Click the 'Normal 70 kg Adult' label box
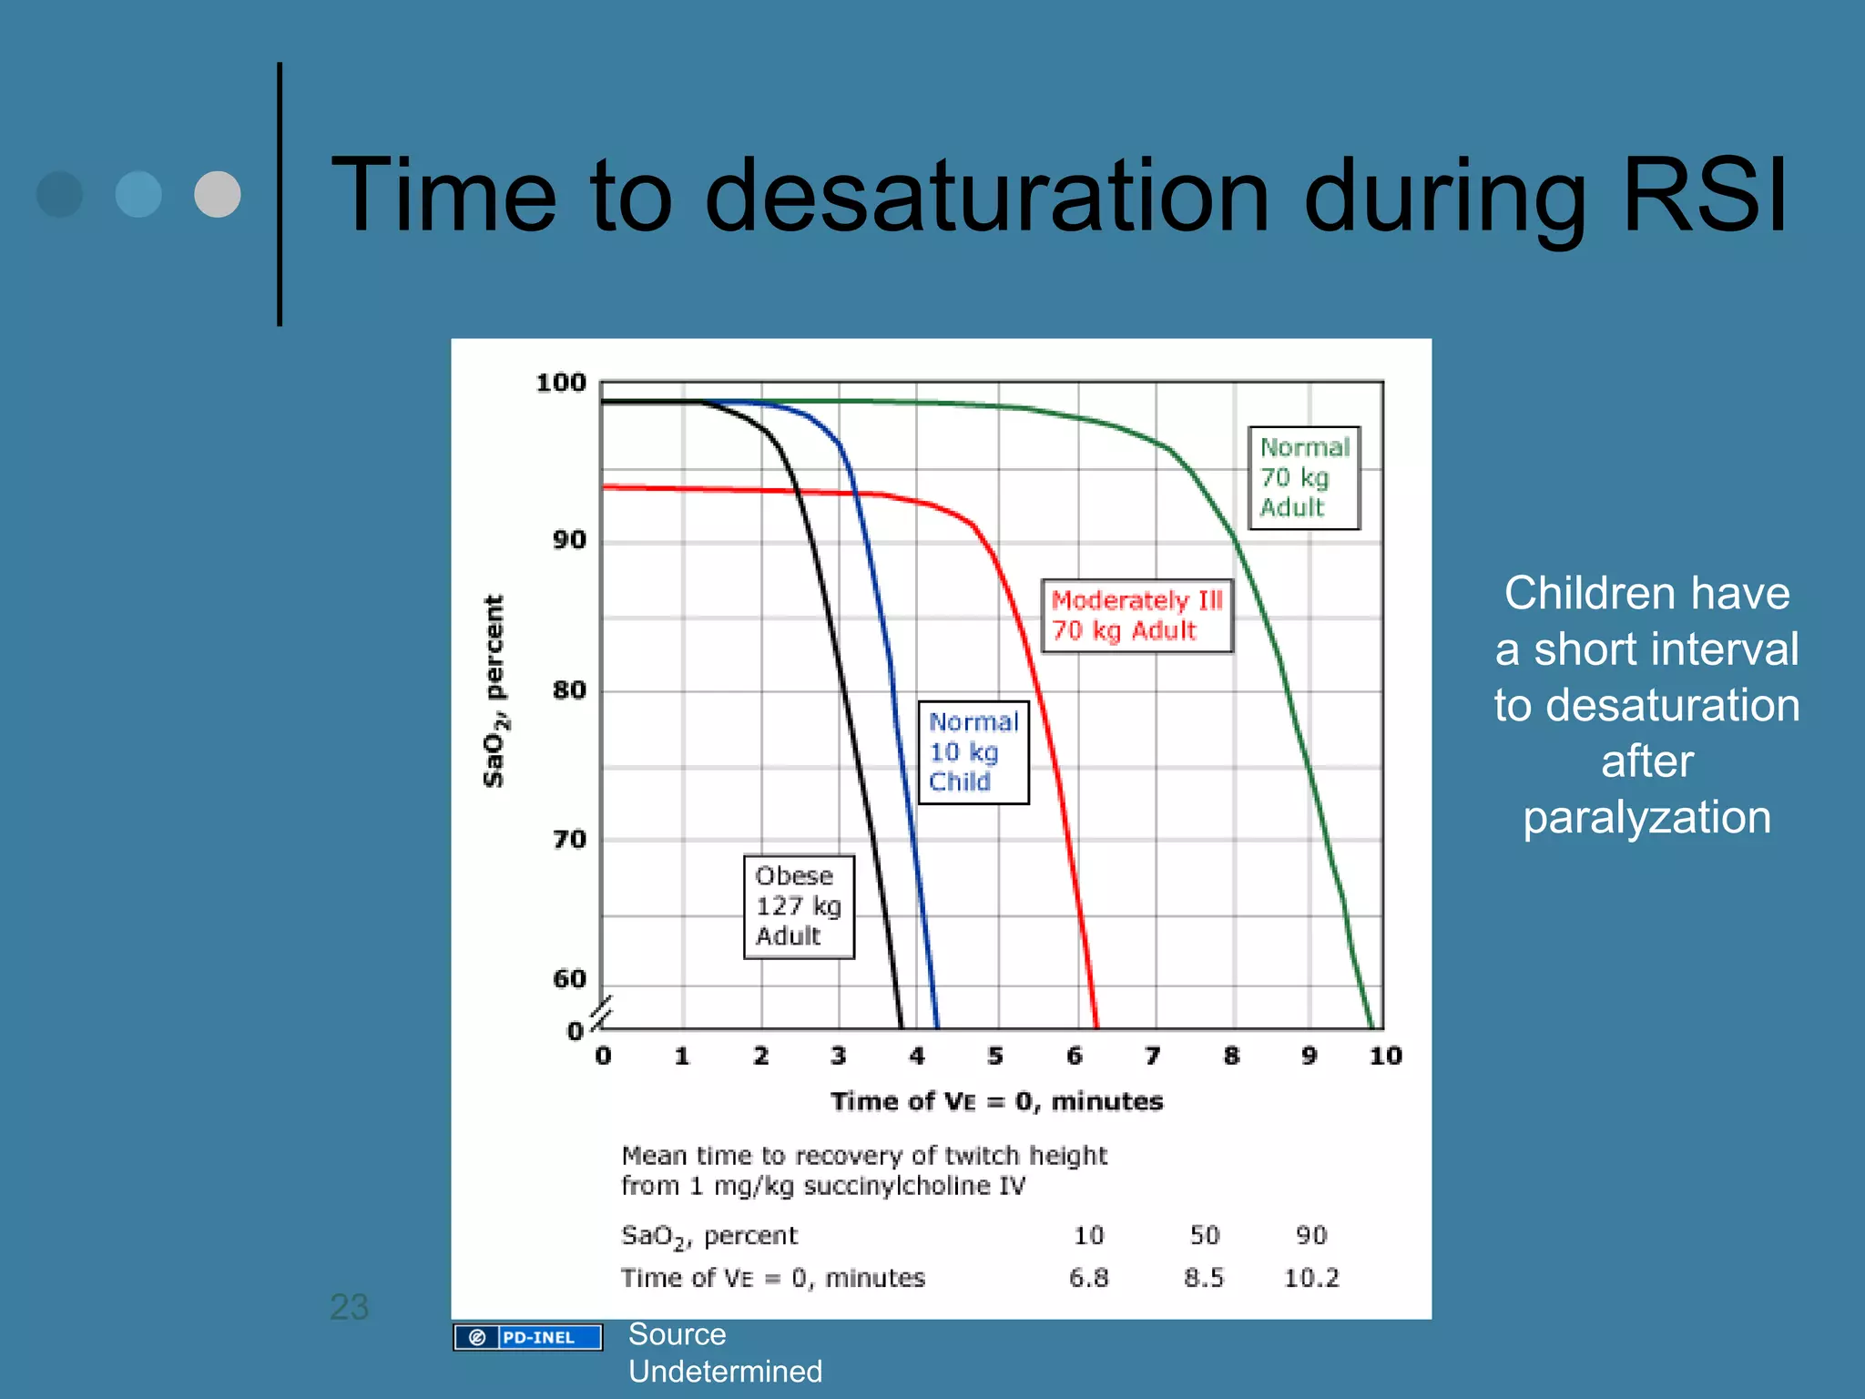pos(1303,477)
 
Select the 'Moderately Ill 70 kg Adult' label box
pos(1136,616)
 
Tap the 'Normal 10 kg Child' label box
pos(973,752)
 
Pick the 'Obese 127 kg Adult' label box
pos(799,906)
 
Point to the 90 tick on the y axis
pos(569,540)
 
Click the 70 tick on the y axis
pos(569,839)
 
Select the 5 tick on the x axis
pos(995,1056)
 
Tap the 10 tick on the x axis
pos(1385,1056)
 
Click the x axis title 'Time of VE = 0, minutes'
pos(996,1101)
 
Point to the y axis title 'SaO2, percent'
pos(494,690)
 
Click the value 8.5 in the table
pos(1204,1278)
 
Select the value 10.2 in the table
pos(1311,1278)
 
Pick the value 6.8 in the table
pos(1089,1278)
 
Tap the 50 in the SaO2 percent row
pos(1205,1235)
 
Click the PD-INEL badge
pos(528,1337)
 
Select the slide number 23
pos(349,1307)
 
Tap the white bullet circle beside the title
pos(218,194)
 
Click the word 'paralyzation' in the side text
pos(1646,817)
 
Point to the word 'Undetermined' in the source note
pos(725,1371)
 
